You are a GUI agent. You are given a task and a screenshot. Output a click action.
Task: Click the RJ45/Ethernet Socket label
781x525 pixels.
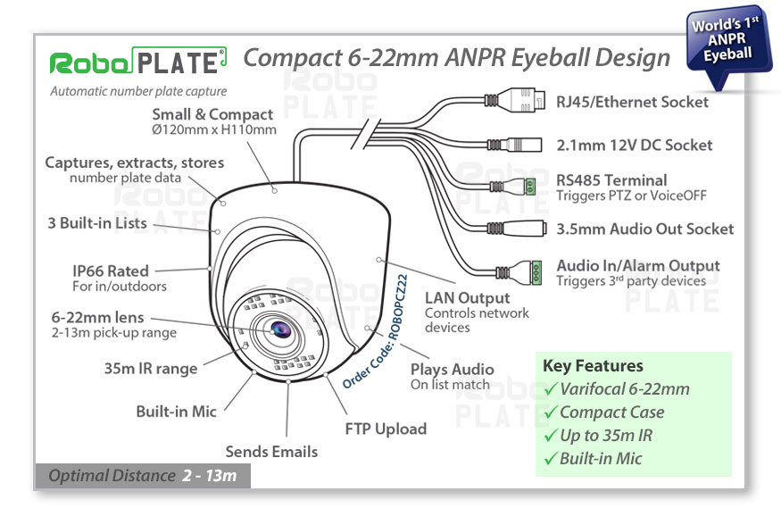(x=632, y=102)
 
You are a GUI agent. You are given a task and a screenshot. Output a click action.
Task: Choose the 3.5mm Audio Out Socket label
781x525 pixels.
(x=644, y=229)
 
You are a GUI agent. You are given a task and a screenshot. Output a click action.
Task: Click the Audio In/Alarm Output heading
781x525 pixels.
(x=637, y=266)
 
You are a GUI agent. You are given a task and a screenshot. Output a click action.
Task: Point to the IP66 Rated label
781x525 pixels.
(x=111, y=271)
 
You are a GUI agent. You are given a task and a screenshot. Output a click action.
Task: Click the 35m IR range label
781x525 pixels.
(x=151, y=369)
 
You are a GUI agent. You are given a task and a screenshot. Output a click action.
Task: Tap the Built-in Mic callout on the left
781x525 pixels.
(x=176, y=412)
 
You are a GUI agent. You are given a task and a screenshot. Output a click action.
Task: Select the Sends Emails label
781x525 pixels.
(x=271, y=452)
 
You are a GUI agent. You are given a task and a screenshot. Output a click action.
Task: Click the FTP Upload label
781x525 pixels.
(x=386, y=429)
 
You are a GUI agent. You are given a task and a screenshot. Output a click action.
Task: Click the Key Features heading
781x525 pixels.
(x=593, y=366)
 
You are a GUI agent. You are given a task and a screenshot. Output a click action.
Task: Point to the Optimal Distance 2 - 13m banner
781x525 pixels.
(x=143, y=476)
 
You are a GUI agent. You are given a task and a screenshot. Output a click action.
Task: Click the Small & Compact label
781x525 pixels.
(x=212, y=114)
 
